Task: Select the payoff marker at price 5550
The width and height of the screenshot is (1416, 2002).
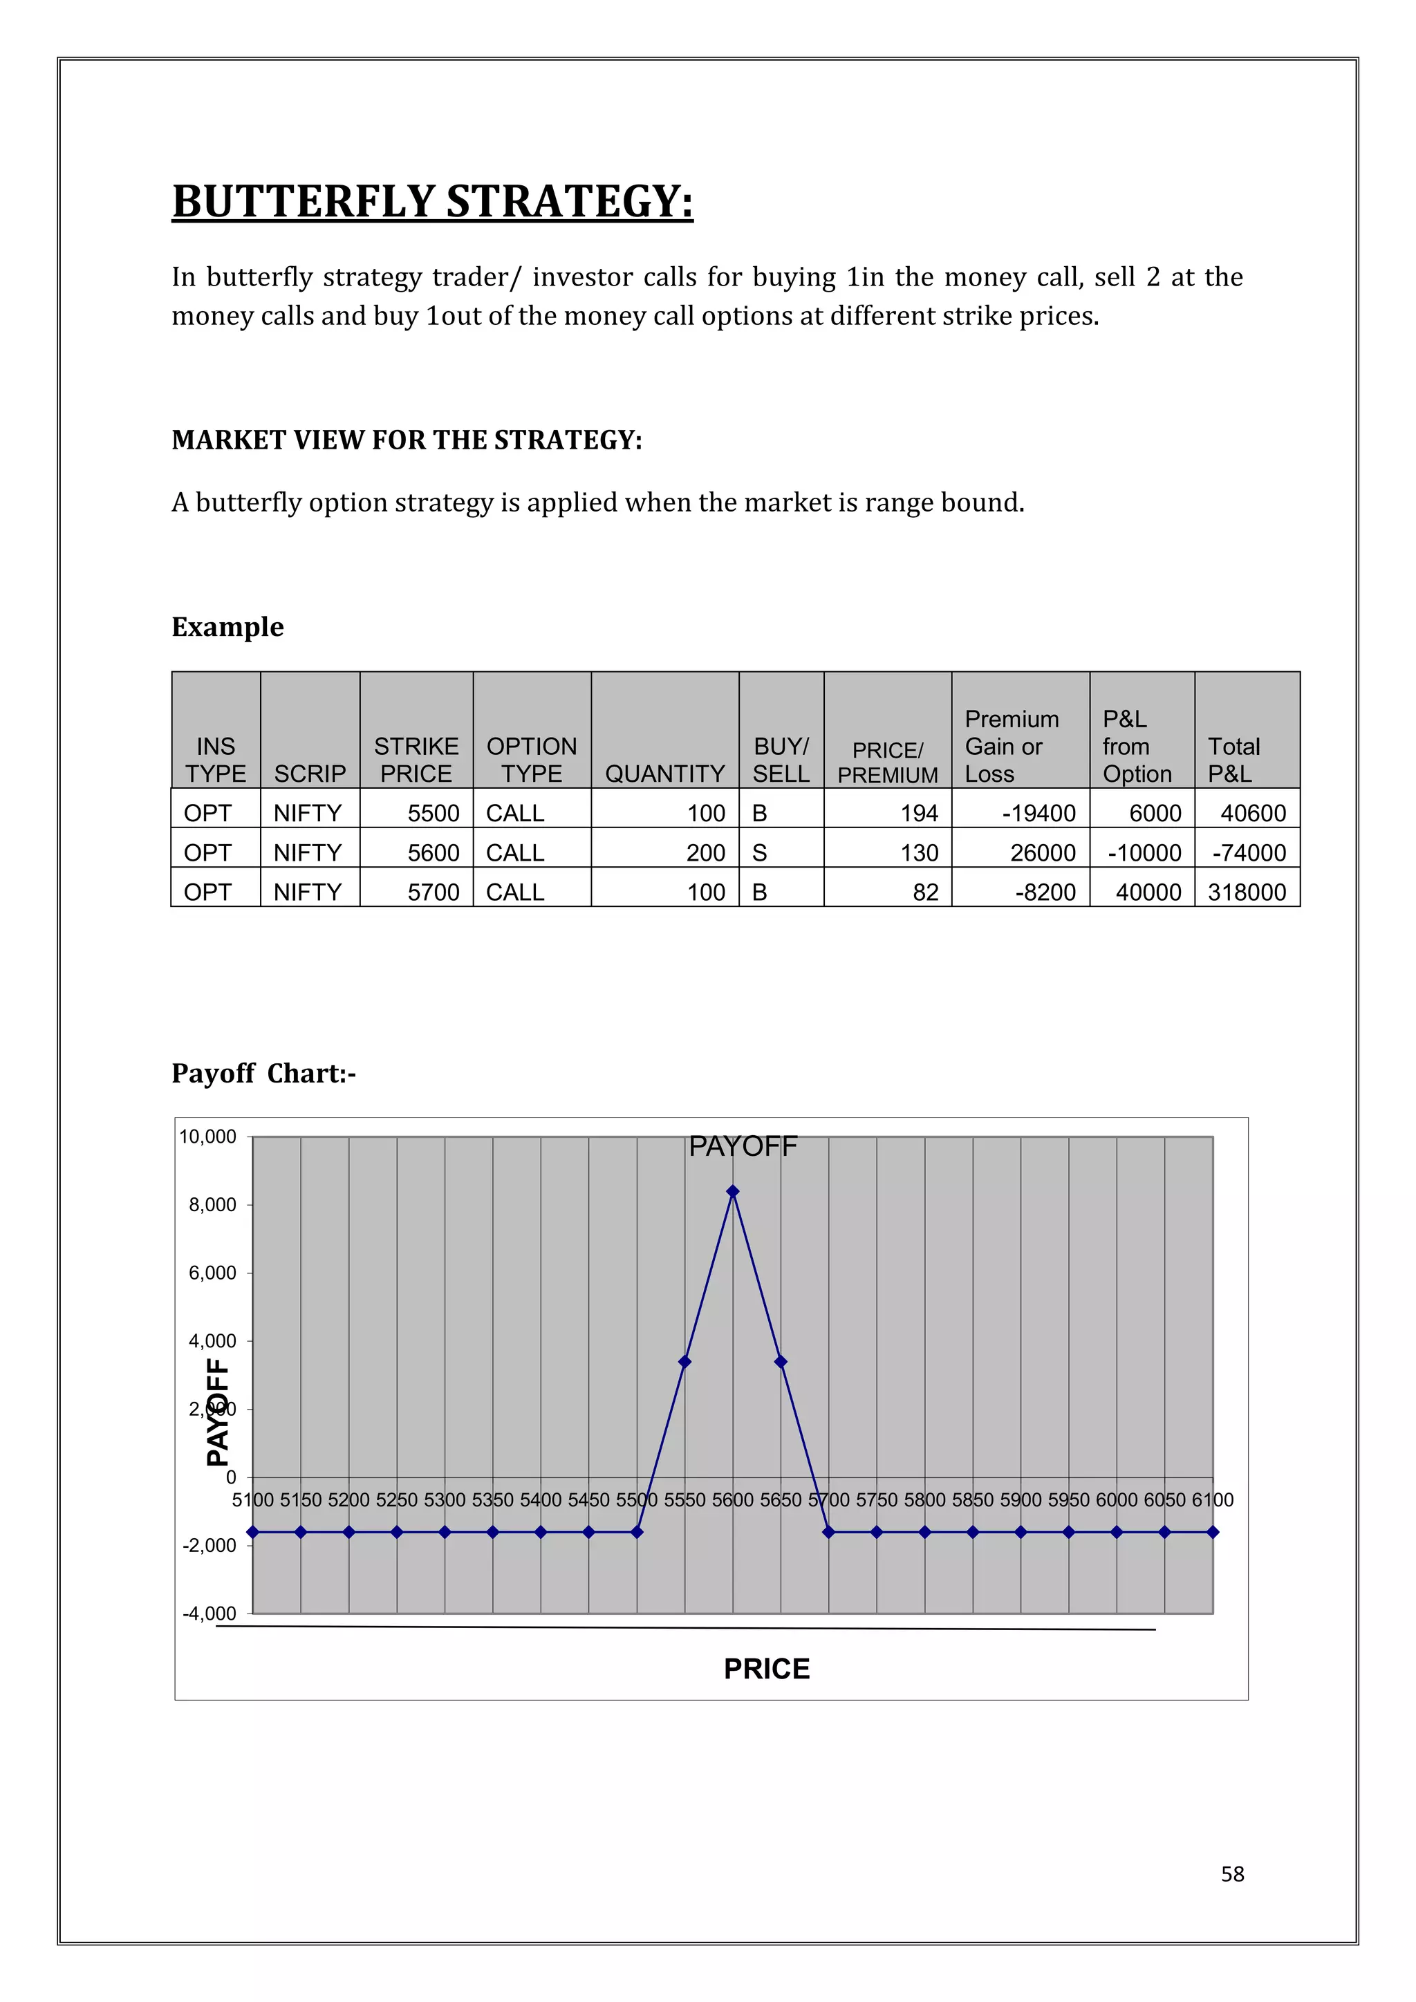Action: click(x=684, y=1361)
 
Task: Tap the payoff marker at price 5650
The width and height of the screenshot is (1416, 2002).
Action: click(x=781, y=1361)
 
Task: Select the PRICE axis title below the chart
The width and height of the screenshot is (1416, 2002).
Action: click(x=766, y=1668)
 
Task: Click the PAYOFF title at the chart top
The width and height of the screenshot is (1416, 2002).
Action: click(x=743, y=1145)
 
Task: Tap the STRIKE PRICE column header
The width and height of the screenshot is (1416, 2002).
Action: click(x=416, y=760)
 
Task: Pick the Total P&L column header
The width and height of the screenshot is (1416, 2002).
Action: click(x=1233, y=760)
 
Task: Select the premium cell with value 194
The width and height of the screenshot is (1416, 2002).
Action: click(x=919, y=813)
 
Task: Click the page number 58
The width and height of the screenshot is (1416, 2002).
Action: click(x=1232, y=1874)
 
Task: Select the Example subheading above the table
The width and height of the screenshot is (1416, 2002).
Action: click(x=227, y=627)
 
